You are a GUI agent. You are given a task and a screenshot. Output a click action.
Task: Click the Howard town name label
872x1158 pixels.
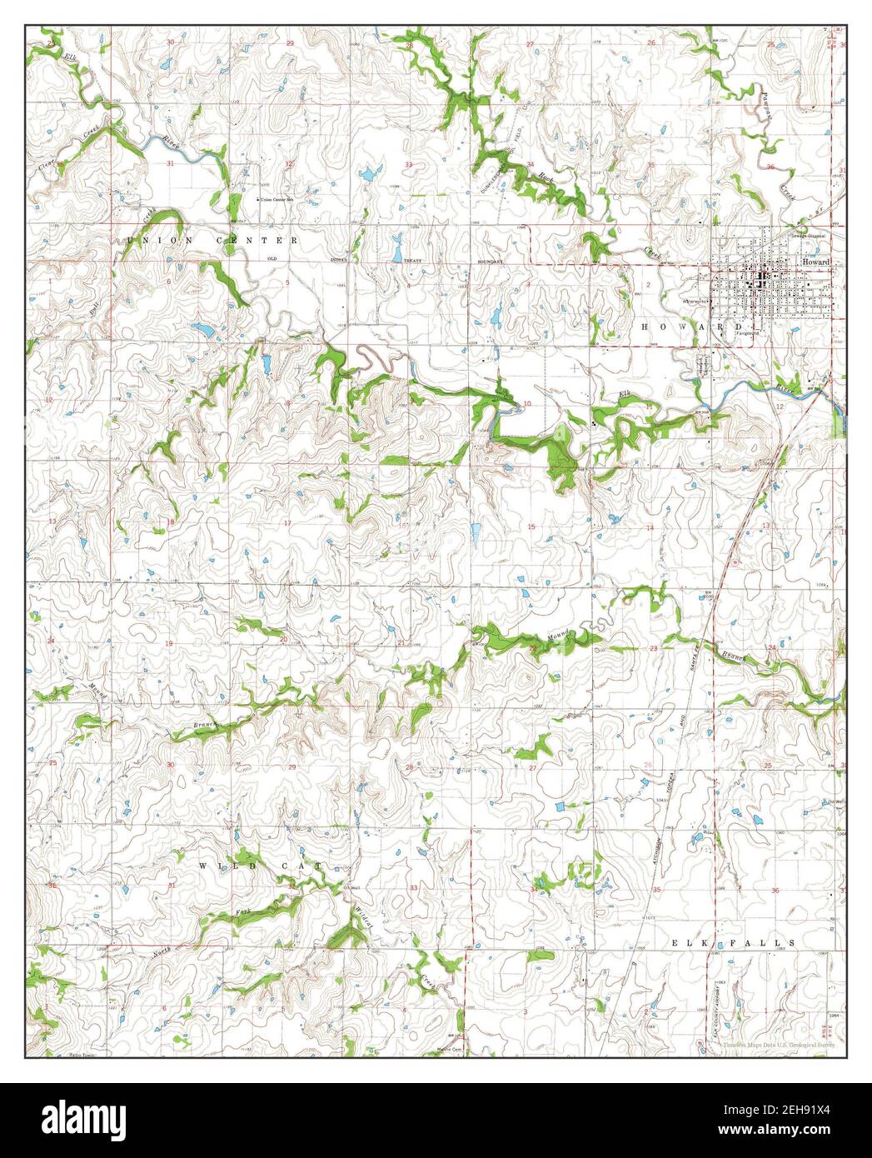tap(816, 262)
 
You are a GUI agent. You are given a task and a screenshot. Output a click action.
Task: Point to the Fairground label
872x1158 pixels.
tap(747, 333)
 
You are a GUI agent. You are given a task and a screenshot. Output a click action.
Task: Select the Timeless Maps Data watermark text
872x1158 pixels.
tap(775, 1043)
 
